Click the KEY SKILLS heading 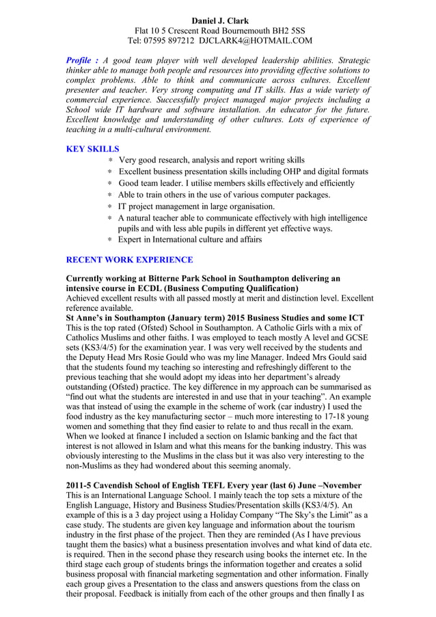[x=92, y=148]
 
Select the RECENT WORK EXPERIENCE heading [x=129, y=260]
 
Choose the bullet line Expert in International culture [x=189, y=240]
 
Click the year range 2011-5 [x=81, y=485]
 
